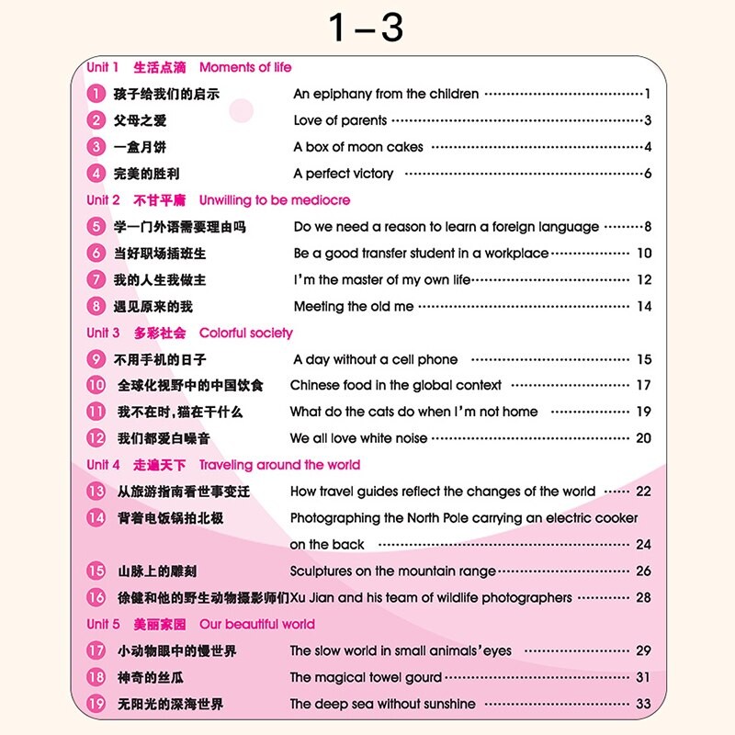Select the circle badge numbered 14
[x=96, y=518]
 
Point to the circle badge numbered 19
[x=96, y=704]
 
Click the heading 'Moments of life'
[x=245, y=67]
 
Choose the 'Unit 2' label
[x=103, y=200]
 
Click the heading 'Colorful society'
[x=246, y=333]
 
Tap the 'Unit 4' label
[x=103, y=465]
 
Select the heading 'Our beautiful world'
[x=256, y=624]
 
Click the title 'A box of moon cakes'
[x=358, y=147]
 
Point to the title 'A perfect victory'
[x=343, y=174]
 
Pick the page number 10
[x=643, y=254]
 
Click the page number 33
[x=643, y=704]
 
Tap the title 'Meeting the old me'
[x=354, y=307]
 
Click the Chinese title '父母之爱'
[x=140, y=120]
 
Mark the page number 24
[x=643, y=544]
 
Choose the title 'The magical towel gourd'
[x=366, y=677]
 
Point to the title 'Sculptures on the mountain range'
[x=393, y=571]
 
